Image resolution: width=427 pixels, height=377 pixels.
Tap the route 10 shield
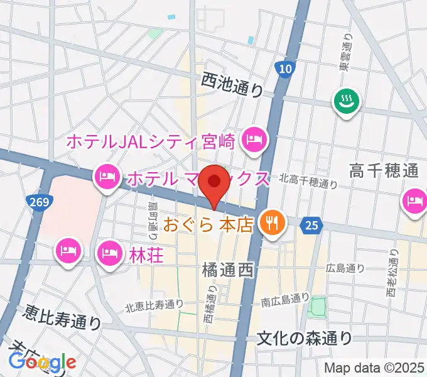point(285,69)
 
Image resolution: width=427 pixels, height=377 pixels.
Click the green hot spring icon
point(345,101)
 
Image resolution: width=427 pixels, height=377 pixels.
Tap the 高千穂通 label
point(384,170)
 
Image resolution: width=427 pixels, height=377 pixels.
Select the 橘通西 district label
point(227,271)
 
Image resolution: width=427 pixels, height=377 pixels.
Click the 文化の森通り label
point(305,338)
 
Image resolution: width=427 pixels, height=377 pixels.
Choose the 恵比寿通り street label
point(63,317)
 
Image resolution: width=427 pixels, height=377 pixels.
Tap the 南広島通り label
point(285,300)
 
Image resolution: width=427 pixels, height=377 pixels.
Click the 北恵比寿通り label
point(154,305)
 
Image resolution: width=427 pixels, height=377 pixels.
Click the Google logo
point(42,363)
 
